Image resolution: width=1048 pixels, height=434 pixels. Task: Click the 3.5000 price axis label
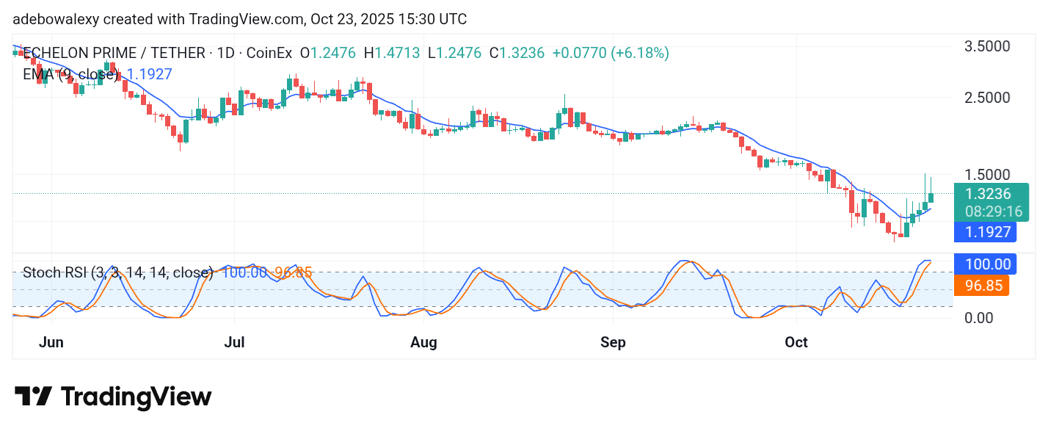tap(986, 46)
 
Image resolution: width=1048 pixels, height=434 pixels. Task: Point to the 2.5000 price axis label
tap(986, 98)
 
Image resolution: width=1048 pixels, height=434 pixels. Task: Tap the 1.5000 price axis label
tap(986, 175)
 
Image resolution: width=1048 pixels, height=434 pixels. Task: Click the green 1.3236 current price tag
tap(987, 195)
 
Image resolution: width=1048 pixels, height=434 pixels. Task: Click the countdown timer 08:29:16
tap(987, 211)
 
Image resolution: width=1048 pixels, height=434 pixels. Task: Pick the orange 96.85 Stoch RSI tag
tap(981, 285)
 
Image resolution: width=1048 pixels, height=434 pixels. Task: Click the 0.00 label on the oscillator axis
tap(979, 318)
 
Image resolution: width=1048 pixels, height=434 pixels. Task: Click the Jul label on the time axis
tap(234, 342)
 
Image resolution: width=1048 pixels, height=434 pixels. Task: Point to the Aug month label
tap(423, 342)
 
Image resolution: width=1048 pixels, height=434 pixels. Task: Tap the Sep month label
tap(613, 342)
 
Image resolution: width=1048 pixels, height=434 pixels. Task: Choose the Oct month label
tap(796, 342)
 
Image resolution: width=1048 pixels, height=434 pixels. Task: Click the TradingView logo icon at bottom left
tap(33, 397)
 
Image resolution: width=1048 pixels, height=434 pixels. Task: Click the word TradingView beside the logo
tap(137, 397)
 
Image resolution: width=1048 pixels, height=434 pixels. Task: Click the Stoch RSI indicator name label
tap(117, 273)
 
